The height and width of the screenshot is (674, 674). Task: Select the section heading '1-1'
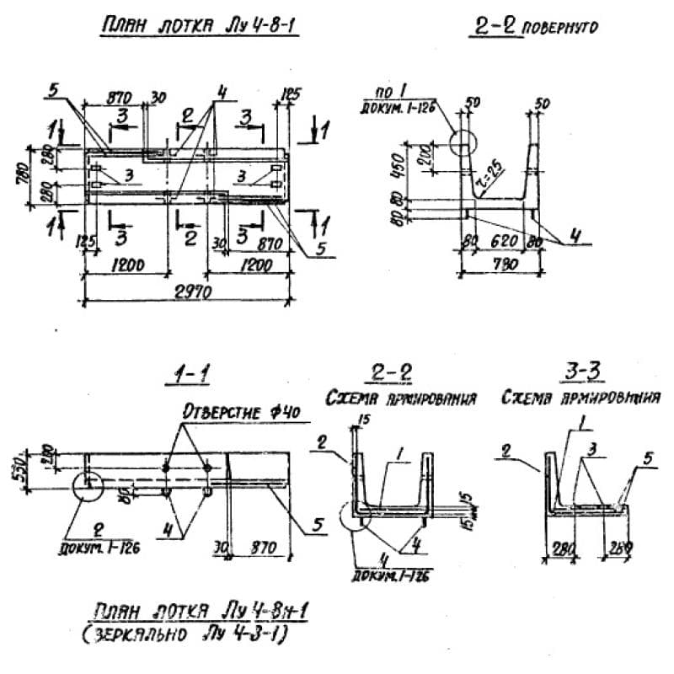[181, 376]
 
